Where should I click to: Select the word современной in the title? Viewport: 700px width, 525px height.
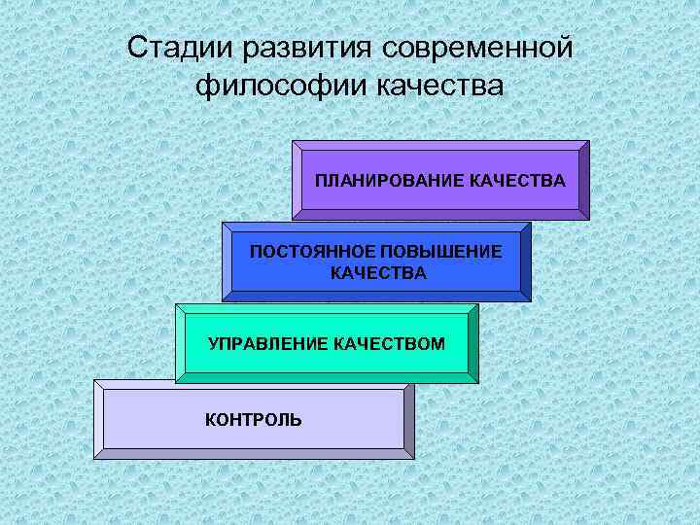click(x=475, y=47)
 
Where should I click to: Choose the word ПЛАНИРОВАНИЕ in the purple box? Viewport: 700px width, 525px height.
click(x=376, y=181)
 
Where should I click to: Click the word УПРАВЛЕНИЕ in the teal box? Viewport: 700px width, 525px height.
click(x=268, y=343)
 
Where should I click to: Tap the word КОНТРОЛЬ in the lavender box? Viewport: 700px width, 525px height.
click(x=253, y=420)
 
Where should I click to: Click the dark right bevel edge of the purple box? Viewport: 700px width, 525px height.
click(x=584, y=181)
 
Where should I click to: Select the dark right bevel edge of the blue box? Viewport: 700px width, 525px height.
click(x=526, y=262)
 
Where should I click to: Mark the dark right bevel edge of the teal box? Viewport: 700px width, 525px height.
click(x=473, y=343)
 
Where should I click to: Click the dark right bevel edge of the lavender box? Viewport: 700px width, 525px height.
click(x=409, y=419)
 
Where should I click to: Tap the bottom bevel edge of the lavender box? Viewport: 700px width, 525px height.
click(x=253, y=453)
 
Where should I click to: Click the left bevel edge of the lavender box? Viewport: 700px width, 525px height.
click(x=98, y=419)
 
